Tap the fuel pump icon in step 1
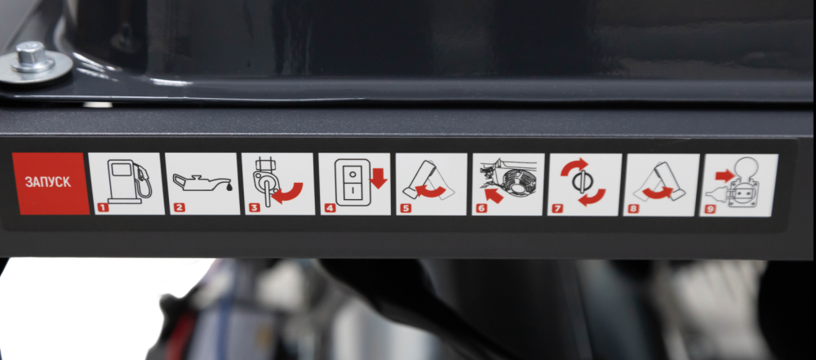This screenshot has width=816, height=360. tap(130, 180)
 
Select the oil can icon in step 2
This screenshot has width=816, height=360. tap(203, 182)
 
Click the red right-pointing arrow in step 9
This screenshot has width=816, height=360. tap(725, 176)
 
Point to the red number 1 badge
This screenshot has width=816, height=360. tap(103, 208)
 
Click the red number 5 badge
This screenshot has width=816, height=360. tap(406, 208)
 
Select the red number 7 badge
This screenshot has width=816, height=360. tap(558, 208)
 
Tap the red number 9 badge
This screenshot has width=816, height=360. tap(711, 209)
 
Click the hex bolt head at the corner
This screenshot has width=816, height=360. tap(33, 56)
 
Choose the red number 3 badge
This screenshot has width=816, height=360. tap(254, 208)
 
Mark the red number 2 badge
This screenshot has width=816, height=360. tap(179, 208)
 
